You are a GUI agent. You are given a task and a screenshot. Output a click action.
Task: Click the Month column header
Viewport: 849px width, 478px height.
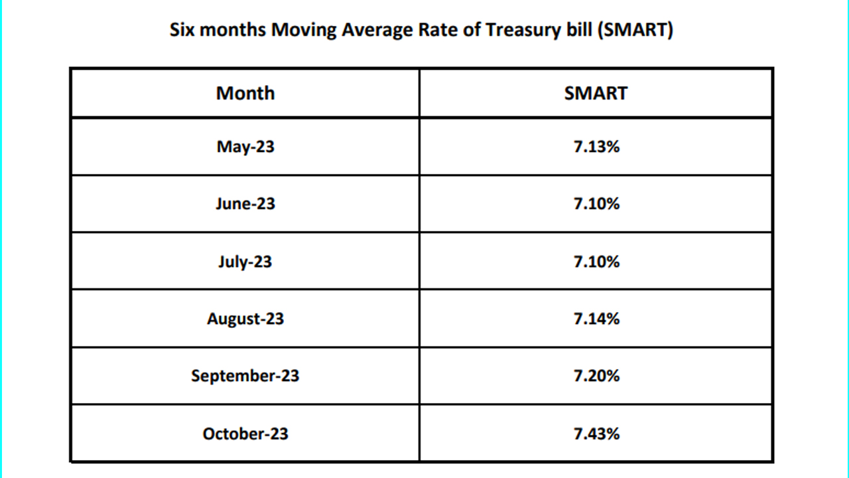(245, 93)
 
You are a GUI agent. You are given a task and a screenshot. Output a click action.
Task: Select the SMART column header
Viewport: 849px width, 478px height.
(596, 94)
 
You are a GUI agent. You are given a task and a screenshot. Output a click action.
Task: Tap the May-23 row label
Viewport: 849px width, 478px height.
(245, 147)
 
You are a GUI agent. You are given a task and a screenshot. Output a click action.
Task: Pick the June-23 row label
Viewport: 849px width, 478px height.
(245, 204)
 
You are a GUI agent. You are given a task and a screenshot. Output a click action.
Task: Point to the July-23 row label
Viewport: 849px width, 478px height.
(245, 262)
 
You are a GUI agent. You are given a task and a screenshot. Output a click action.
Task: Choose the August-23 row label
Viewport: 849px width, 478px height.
(245, 319)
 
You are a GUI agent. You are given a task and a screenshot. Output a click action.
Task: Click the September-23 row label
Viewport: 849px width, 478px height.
(245, 376)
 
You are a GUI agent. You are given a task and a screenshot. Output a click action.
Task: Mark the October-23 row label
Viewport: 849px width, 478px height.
(245, 434)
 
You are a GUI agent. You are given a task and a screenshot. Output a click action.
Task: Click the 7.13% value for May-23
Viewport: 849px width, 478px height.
(596, 147)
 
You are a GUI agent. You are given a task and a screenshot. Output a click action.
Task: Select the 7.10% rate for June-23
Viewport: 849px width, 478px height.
(596, 204)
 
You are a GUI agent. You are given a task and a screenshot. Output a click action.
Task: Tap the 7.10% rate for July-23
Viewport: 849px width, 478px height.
(596, 262)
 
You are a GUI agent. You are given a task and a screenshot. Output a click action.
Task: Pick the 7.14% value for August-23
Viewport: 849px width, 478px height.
(596, 319)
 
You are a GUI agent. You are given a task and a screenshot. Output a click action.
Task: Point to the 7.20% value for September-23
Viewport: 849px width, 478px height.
(596, 376)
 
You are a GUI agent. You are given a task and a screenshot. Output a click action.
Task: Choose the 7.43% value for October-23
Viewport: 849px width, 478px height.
(596, 434)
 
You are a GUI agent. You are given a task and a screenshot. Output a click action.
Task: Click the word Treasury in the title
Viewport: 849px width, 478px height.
(523, 31)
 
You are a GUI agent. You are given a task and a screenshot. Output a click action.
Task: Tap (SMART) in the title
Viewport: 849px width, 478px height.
(635, 30)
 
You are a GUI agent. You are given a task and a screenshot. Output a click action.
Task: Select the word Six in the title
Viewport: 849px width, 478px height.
(182, 30)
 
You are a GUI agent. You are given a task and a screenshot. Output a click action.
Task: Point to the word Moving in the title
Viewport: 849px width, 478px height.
(304, 31)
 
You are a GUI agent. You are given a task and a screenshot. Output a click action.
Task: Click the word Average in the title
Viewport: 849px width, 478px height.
(377, 31)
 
